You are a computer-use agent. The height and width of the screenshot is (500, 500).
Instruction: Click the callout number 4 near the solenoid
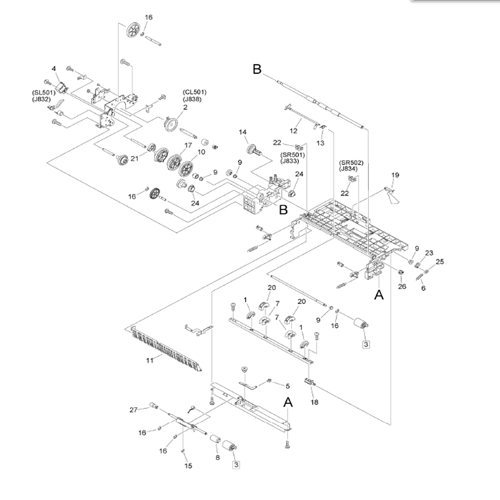pyautogui.click(x=53, y=69)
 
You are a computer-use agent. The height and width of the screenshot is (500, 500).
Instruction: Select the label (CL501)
pyautogui.click(x=195, y=92)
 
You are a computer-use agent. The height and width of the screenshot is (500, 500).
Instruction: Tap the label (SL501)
pyautogui.click(x=44, y=93)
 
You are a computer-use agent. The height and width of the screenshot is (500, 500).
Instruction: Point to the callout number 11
pyautogui.click(x=149, y=360)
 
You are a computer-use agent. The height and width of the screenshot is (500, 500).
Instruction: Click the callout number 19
pyautogui.click(x=395, y=175)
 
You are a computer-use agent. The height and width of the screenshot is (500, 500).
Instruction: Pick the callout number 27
pyautogui.click(x=133, y=410)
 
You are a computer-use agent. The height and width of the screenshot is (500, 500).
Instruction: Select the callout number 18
pyautogui.click(x=315, y=402)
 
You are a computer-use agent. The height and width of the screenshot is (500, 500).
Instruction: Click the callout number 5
pyautogui.click(x=287, y=386)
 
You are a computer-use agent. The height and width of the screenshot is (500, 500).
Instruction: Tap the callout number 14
pyautogui.click(x=243, y=132)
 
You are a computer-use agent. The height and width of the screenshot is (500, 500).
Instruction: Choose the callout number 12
pyautogui.click(x=293, y=131)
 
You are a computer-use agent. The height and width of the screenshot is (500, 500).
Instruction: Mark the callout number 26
pyautogui.click(x=402, y=287)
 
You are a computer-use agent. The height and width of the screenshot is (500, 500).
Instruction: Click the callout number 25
pyautogui.click(x=440, y=261)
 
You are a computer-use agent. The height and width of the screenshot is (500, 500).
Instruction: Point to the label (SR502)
pyautogui.click(x=351, y=163)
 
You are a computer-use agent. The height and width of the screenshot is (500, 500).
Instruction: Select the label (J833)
pyautogui.click(x=290, y=161)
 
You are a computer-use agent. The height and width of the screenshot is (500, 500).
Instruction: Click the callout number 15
pyautogui.click(x=188, y=466)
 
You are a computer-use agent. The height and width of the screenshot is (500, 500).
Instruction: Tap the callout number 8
pyautogui.click(x=217, y=457)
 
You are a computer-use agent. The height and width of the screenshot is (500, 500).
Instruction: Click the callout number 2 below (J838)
pyautogui.click(x=185, y=107)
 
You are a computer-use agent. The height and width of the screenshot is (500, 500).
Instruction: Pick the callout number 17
pyautogui.click(x=188, y=145)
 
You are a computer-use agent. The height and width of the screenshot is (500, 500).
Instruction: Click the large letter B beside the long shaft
pyautogui.click(x=257, y=69)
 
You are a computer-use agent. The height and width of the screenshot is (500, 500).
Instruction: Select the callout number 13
pyautogui.click(x=320, y=143)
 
